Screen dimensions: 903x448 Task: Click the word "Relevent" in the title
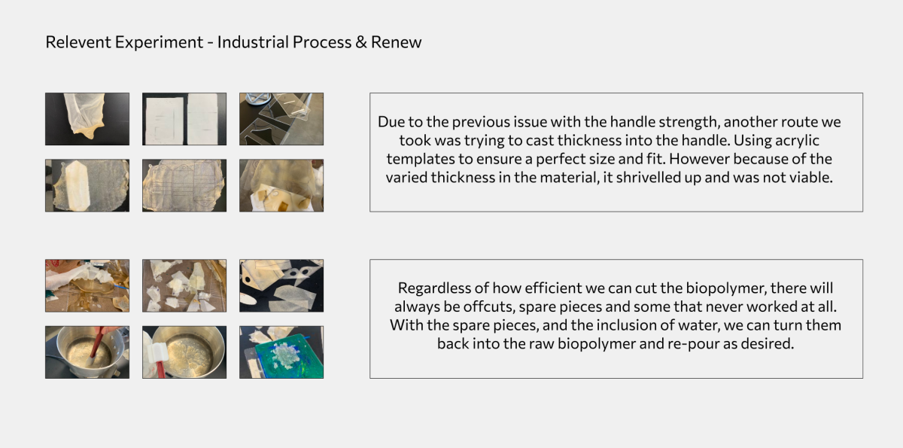(78, 42)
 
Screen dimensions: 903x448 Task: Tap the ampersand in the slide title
(360, 42)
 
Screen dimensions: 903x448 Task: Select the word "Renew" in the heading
(397, 42)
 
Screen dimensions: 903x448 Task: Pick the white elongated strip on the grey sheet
(77, 185)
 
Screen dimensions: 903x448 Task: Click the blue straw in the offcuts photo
(120, 287)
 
